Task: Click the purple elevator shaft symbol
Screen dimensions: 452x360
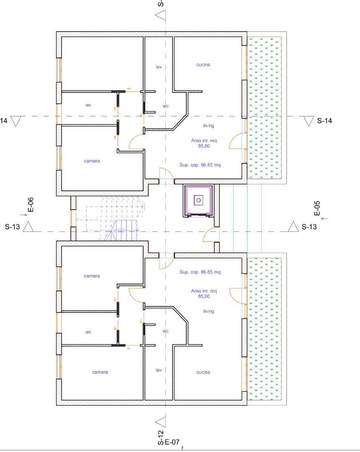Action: click(199, 200)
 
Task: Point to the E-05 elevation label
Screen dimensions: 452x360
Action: click(317, 208)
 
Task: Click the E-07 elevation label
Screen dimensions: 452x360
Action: click(172, 442)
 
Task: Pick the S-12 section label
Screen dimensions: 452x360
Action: click(160, 438)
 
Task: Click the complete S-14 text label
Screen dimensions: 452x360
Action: click(324, 121)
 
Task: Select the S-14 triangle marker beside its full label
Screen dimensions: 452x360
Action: click(309, 121)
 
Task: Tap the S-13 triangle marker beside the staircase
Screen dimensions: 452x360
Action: click(28, 227)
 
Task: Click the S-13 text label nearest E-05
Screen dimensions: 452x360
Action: click(309, 227)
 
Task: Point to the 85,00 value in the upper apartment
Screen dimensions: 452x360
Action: click(204, 146)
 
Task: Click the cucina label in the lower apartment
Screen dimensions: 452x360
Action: click(203, 372)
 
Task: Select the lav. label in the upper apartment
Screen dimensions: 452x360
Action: click(159, 67)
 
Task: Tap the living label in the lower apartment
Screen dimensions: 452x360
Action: click(208, 311)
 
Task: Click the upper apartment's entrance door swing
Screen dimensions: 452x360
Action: click(165, 175)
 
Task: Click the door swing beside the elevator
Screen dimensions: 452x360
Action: click(210, 235)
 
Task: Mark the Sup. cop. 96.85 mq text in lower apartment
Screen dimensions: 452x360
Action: click(200, 272)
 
